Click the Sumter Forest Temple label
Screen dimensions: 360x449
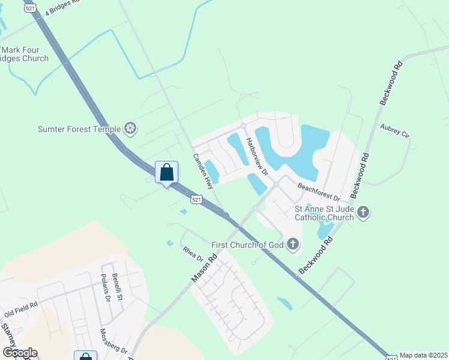79,128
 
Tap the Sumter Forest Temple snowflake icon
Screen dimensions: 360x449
130,128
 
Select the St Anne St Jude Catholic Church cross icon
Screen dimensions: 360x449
363,212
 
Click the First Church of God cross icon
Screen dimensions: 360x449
293,244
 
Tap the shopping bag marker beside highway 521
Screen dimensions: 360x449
167,173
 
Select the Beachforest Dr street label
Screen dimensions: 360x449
319,192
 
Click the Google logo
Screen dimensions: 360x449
20,353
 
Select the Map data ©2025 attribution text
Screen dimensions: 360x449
424,355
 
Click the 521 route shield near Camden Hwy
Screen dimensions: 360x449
196,199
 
